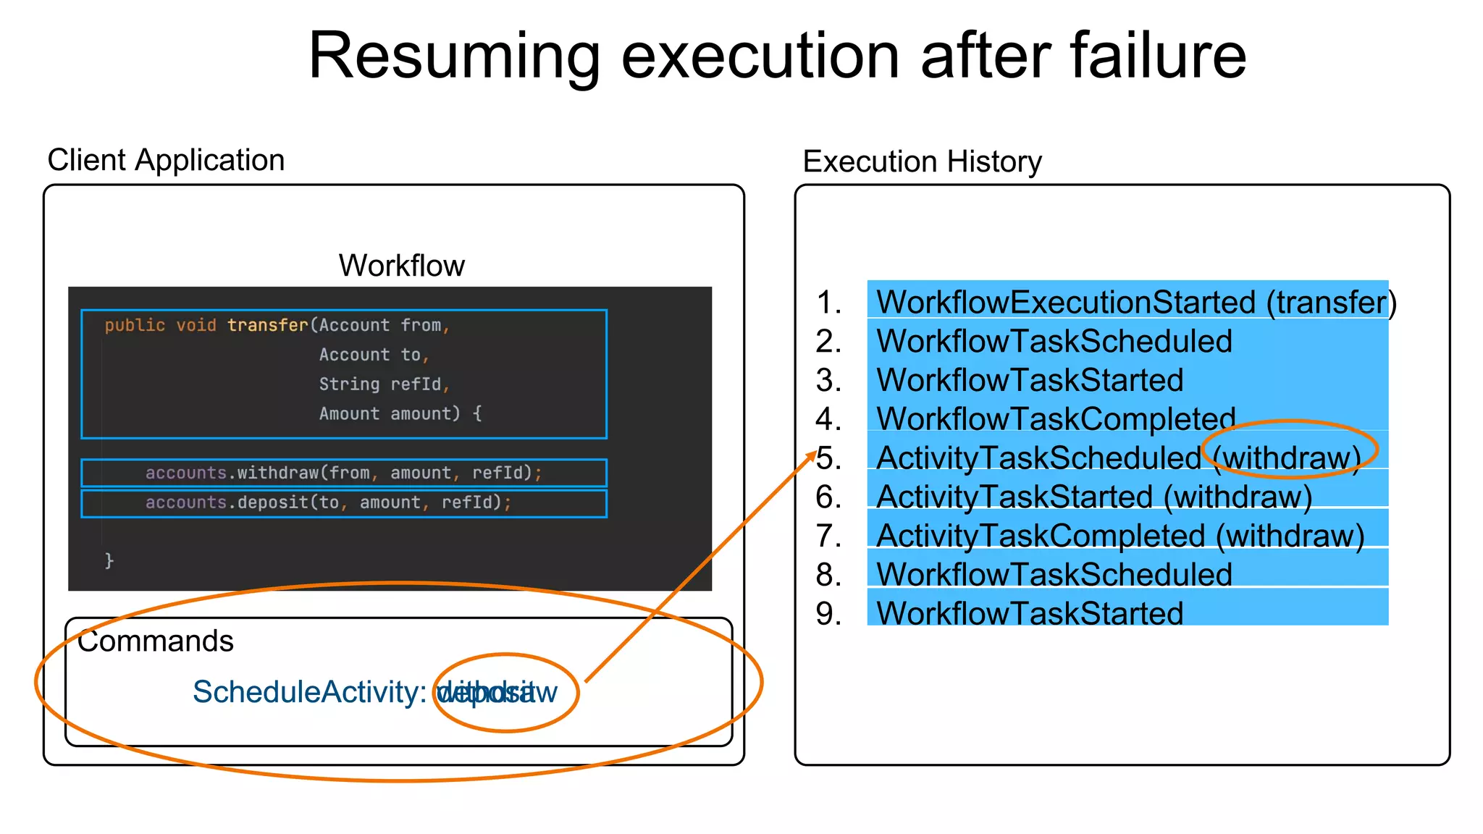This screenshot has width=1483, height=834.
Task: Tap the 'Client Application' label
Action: click(166, 160)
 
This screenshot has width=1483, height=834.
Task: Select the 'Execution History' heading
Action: click(922, 161)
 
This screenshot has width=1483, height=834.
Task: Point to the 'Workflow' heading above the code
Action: click(401, 266)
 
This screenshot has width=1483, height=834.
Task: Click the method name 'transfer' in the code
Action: click(268, 325)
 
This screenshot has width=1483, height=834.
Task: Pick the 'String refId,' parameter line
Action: click(384, 384)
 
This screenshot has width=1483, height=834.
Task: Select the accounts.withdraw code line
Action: click(343, 473)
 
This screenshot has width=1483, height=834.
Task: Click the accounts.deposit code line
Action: click(328, 502)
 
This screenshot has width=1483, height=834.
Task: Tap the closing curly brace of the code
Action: click(109, 560)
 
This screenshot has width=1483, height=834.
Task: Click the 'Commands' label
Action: click(156, 641)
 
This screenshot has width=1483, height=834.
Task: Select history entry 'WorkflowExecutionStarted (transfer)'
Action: click(1135, 303)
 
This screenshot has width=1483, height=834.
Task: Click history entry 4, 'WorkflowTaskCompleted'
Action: click(1055, 419)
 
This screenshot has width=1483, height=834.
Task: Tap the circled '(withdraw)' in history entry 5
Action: click(1287, 458)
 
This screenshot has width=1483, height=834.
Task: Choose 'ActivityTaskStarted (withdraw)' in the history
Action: click(1093, 497)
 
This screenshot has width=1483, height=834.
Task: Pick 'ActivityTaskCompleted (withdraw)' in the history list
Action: click(1119, 536)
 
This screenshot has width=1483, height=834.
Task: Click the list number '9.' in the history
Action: click(828, 614)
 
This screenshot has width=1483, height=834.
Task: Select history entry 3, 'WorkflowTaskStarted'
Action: click(1029, 381)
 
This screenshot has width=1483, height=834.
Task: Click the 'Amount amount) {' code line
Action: click(400, 413)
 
